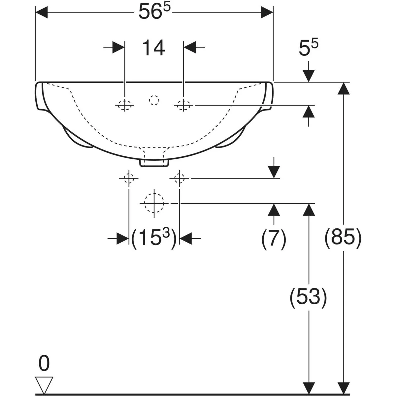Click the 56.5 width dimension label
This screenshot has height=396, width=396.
[x=154, y=12]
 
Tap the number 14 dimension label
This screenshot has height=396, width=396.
[x=154, y=48]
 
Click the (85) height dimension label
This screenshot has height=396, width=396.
[x=343, y=238]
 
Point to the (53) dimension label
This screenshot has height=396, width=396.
[x=308, y=298]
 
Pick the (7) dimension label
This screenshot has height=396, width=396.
[x=274, y=239]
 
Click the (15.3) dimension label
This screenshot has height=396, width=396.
[x=154, y=238]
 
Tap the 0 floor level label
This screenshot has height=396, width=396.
[x=44, y=363]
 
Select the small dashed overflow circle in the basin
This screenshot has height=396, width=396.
[x=154, y=100]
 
